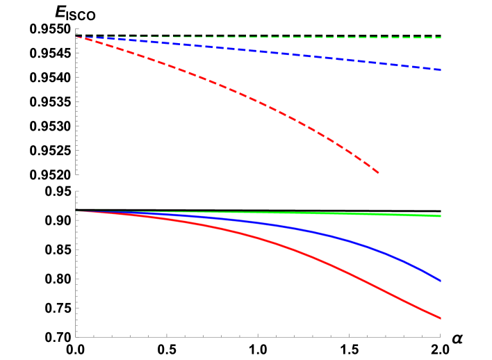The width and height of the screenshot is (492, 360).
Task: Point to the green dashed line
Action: [x=313, y=38]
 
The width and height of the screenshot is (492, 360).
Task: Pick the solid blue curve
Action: [x=313, y=231]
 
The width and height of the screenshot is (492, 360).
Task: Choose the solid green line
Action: [x=313, y=213]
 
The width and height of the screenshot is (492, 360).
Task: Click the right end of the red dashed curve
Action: [x=378, y=172]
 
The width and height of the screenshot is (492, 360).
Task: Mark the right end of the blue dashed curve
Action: [x=441, y=70]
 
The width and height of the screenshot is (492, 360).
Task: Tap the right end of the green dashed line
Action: [x=441, y=38]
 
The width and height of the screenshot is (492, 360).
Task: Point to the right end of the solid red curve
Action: [x=441, y=318]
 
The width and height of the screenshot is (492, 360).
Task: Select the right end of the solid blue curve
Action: [x=441, y=281]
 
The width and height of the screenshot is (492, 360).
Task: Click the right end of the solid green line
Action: [x=441, y=216]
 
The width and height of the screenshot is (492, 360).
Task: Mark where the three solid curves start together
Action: [x=77, y=211]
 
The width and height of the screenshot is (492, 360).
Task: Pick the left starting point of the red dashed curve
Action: [x=77, y=36]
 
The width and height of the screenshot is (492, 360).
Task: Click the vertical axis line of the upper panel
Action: [x=76, y=104]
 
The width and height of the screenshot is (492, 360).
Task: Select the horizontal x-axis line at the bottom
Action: [x=257, y=337]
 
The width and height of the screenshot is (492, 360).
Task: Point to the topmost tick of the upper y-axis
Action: [x=77, y=28]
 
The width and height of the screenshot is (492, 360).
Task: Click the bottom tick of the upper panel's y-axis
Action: [x=77, y=174]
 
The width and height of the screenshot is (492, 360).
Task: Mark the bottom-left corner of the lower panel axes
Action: [x=76, y=337]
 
